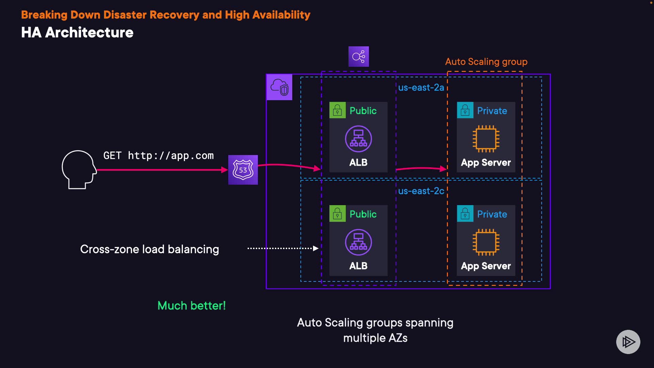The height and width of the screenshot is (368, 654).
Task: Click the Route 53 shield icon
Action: coord(243,170)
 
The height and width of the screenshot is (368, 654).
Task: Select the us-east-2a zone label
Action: coord(421,88)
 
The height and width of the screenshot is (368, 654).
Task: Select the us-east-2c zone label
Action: coord(421,191)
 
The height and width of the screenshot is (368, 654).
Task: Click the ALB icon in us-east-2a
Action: coord(358,139)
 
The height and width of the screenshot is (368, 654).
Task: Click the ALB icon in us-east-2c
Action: coord(358,242)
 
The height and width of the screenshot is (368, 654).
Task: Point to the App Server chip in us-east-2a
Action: coord(486,139)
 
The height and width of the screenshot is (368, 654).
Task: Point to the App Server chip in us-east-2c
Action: coord(486,242)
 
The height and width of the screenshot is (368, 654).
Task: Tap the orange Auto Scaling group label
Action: coord(486,62)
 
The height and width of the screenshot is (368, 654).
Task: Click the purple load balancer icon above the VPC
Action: coord(358,57)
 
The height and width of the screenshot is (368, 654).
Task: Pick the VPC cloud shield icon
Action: coord(279,87)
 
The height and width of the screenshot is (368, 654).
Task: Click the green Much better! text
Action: coord(191,306)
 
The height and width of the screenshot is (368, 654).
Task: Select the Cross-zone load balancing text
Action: coord(150,249)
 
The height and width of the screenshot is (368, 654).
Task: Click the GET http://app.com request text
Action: coord(158,156)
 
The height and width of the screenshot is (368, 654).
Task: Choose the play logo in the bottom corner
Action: coord(628,342)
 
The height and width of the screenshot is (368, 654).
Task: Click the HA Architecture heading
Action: coord(77,32)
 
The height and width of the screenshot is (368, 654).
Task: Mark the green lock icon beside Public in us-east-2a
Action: coord(338,110)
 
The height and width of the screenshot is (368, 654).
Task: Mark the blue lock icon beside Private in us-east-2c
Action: coord(465,214)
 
